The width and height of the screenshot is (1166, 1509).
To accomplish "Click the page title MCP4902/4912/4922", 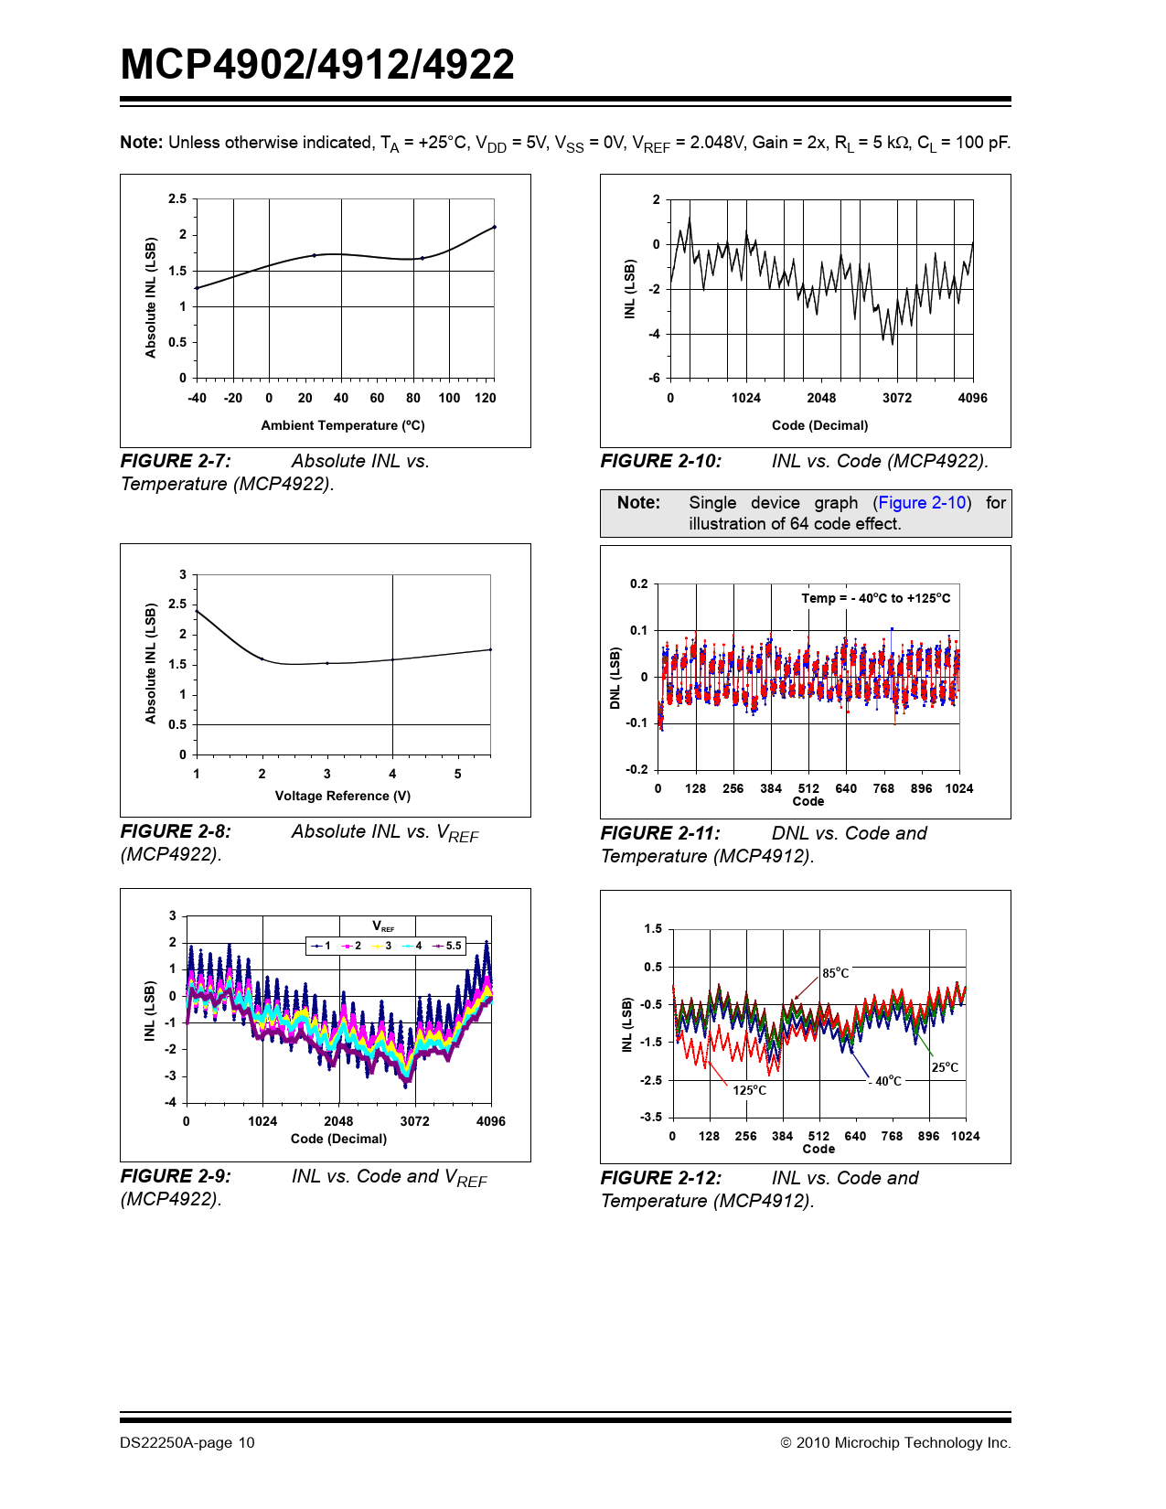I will click(x=317, y=65).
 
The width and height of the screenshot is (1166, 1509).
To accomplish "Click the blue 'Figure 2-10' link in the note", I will click(x=922, y=503).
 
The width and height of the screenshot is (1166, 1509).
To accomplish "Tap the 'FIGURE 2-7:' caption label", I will click(x=176, y=462).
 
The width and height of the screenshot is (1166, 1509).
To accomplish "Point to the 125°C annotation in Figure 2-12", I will click(x=749, y=1090).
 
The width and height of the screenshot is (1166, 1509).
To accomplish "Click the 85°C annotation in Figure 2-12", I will click(x=835, y=973).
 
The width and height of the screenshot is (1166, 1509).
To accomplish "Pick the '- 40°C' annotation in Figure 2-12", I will click(x=885, y=1081).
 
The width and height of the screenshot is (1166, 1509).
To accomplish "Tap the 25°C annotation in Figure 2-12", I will click(x=945, y=1067).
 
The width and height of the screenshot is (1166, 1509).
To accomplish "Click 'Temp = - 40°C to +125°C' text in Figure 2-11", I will click(x=875, y=598).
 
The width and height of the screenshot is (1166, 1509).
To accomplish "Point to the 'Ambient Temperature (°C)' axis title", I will click(x=343, y=425).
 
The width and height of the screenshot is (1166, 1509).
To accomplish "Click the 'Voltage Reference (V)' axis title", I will click(x=343, y=796).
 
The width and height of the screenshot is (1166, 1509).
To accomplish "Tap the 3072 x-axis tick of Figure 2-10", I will click(x=896, y=398).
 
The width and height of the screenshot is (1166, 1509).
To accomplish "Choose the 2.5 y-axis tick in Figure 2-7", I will click(x=177, y=199).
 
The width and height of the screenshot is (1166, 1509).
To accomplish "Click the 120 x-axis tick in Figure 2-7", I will click(x=485, y=398).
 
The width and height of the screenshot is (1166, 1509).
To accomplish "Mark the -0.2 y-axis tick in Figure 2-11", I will click(x=636, y=769).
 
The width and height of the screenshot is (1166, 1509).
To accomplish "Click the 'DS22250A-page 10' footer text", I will click(x=187, y=1443).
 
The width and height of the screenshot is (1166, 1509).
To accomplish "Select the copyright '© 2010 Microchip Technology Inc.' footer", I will click(x=895, y=1443).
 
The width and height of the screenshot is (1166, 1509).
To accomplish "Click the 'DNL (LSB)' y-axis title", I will click(x=615, y=678).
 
